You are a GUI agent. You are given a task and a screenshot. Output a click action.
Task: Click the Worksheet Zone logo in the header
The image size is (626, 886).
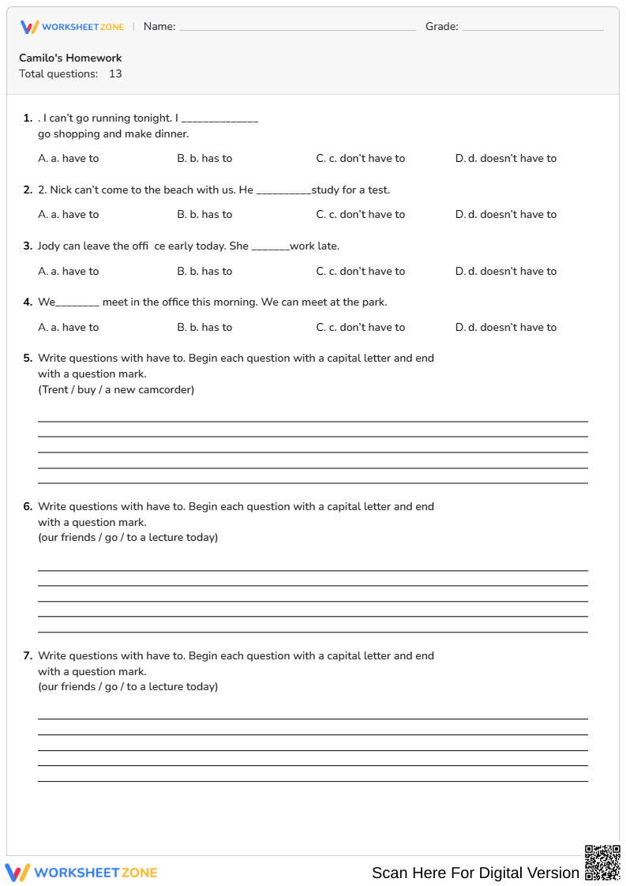pos(72,27)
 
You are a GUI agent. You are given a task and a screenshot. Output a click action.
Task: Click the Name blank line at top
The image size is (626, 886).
pos(298,28)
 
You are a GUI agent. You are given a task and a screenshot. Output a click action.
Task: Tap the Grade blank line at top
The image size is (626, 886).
pos(532,28)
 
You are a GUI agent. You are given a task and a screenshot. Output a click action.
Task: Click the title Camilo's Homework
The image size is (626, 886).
pos(70,58)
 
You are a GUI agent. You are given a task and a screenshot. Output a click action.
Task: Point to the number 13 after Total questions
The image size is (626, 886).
pos(115,73)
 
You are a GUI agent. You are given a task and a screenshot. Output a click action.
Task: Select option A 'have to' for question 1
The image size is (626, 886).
pos(69,158)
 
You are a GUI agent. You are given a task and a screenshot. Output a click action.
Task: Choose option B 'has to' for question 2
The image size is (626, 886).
pos(204,214)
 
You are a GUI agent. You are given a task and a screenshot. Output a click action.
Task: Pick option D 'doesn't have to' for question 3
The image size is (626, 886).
pos(506,271)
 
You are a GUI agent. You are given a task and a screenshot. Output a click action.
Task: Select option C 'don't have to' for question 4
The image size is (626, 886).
pos(361,327)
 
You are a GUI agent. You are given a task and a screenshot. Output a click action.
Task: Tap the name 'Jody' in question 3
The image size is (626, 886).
pos(48,246)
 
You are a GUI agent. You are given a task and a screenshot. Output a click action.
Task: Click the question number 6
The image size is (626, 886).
pos(28,506)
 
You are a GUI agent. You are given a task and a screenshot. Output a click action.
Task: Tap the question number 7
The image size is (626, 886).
pos(28,655)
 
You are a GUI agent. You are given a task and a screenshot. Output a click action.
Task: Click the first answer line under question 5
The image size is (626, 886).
pos(313,420)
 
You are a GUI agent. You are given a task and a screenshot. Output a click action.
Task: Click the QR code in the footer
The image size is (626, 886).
pos(602,862)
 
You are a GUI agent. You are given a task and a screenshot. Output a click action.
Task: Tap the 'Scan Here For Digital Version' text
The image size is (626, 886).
pos(475,873)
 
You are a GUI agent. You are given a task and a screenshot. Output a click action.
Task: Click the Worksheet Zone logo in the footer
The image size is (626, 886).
pos(81,873)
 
